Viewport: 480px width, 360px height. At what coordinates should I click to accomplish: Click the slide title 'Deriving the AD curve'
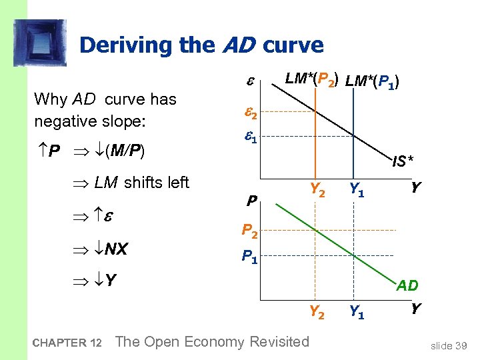tap(201, 45)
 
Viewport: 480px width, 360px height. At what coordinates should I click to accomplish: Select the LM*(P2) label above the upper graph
tap(311, 79)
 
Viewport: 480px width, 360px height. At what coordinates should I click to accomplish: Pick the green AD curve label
tap(407, 285)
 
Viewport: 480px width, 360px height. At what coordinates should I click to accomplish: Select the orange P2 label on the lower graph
tap(251, 231)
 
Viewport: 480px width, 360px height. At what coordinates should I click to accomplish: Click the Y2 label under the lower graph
tap(317, 311)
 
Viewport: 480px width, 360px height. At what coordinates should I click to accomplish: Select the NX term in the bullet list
tap(114, 250)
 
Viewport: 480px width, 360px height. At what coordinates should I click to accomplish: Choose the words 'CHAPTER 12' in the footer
tap(67, 343)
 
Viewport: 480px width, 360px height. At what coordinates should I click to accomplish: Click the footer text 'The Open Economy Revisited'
tap(213, 342)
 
